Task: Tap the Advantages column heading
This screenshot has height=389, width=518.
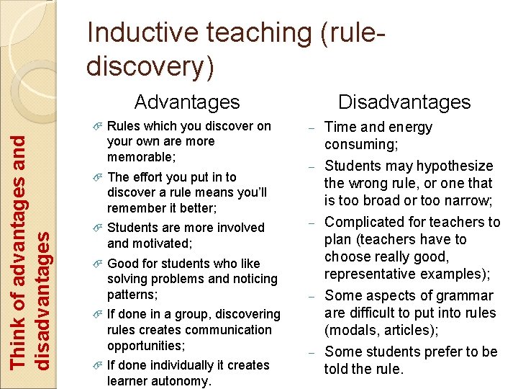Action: click(x=187, y=102)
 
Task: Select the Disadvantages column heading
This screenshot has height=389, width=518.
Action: click(x=404, y=102)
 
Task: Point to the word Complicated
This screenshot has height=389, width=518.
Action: click(x=368, y=222)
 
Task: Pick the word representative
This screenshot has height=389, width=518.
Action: click(x=370, y=274)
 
